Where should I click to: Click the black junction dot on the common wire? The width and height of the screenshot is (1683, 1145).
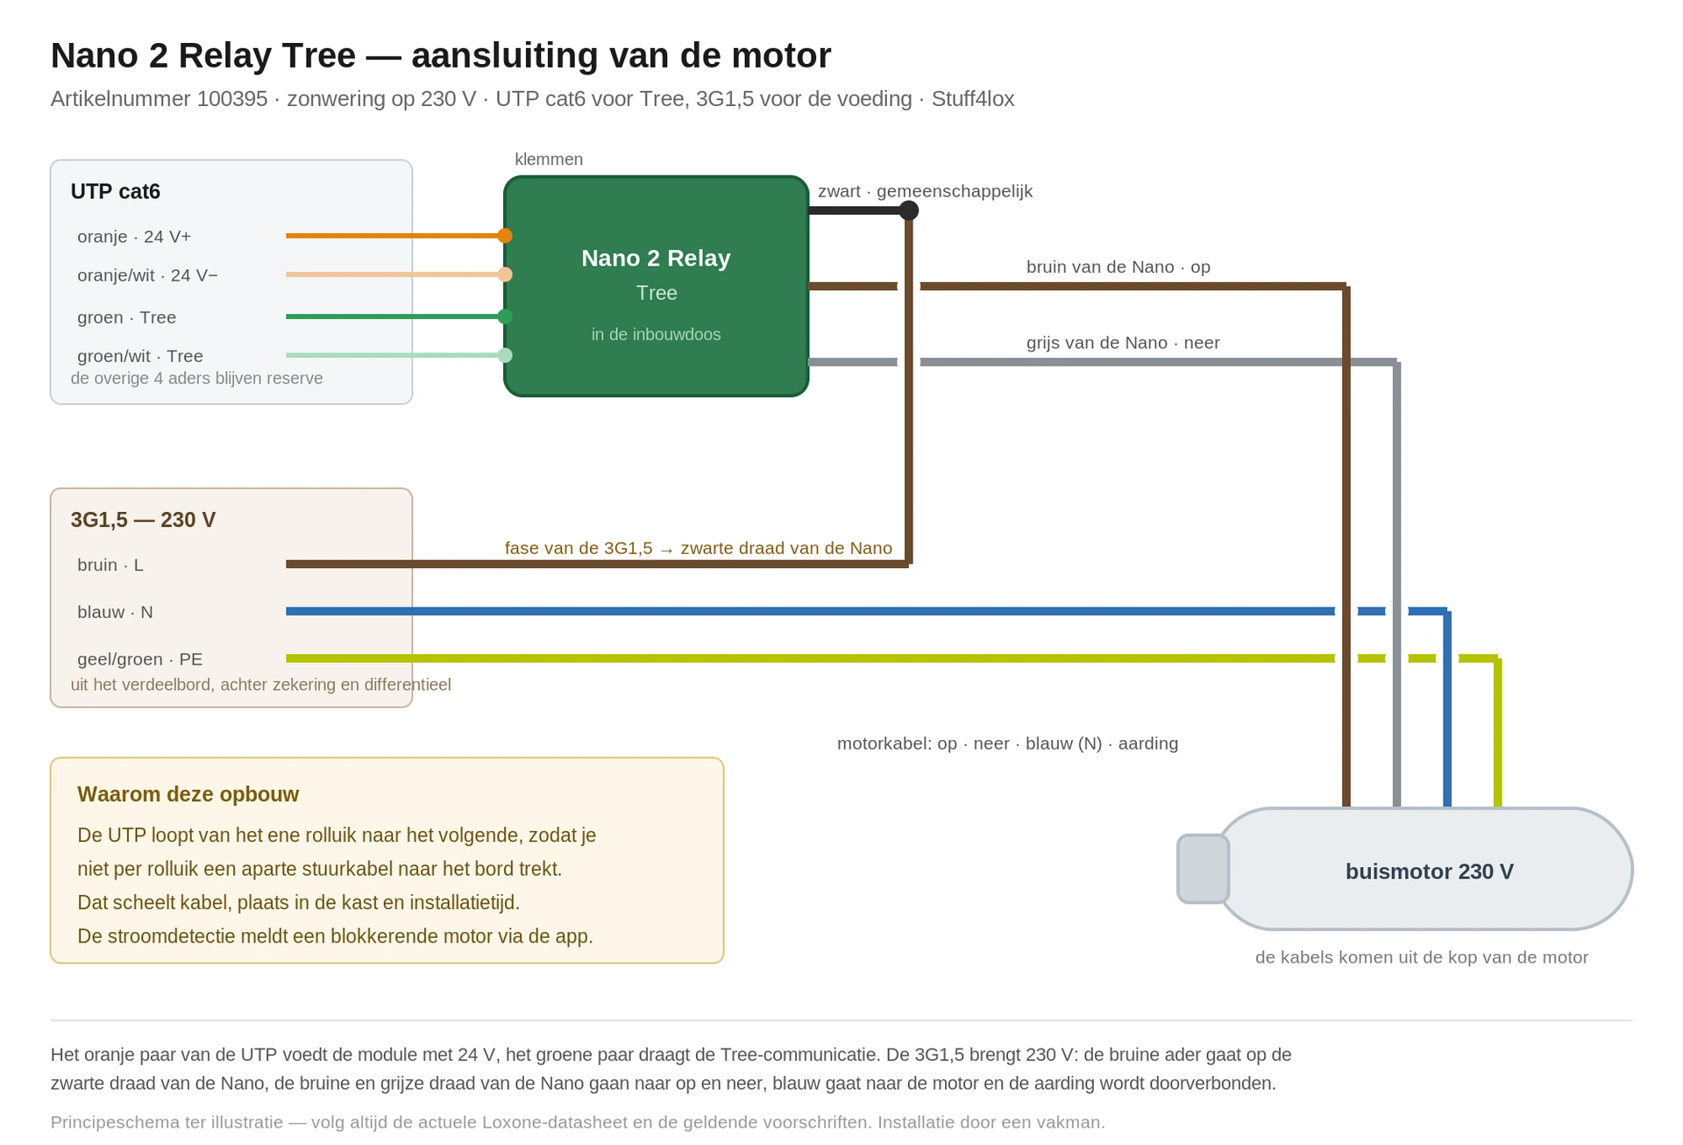909,210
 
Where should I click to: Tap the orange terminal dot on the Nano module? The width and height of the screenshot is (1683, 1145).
505,236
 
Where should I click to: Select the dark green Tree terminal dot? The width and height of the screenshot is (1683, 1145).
505,316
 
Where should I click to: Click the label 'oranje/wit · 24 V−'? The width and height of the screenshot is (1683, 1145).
147,275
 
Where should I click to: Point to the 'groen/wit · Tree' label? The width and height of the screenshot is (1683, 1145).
140,356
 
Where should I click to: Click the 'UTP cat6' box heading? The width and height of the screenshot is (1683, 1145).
116,191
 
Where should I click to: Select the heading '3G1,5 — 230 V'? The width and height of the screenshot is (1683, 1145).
143,520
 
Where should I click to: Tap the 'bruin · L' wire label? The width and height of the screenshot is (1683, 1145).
110,565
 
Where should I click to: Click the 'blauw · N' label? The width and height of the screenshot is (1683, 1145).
115,612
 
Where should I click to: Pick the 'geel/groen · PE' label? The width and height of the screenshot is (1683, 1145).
140,659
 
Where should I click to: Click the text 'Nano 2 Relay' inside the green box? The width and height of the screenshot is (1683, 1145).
656,258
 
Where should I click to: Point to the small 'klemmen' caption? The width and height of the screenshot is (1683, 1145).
549,160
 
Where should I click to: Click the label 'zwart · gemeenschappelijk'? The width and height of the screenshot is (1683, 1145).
926,191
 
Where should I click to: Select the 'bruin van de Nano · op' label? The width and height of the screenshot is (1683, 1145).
1118,267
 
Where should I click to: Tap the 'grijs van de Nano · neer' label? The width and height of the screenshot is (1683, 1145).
1123,343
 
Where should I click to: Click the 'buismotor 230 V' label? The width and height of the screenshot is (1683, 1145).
1430,871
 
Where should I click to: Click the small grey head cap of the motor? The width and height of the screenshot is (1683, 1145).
1203,869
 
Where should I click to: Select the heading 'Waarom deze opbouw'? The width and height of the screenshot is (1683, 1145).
188,794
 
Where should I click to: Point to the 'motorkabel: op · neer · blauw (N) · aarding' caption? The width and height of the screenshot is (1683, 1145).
1008,743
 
